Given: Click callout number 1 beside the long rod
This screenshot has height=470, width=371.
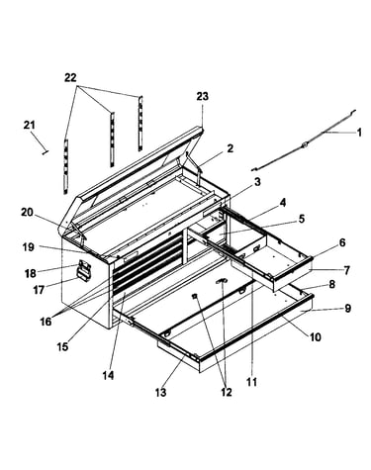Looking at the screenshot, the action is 359,133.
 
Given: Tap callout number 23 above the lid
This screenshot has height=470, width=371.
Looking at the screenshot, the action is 203,97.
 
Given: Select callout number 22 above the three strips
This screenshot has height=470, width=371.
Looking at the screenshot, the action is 70,78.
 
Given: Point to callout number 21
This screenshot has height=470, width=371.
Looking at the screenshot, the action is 29,126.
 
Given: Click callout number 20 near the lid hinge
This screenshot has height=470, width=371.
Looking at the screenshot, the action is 27,212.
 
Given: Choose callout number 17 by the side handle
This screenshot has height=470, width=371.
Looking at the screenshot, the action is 39,290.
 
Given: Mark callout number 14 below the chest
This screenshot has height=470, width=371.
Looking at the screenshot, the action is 108,375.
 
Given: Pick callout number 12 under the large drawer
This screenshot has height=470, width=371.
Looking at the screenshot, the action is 227,392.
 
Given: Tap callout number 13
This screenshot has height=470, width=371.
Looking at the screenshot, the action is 161,393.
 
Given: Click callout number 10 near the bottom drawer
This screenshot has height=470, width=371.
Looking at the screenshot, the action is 316,337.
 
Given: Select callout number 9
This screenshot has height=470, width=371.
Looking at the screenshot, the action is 348,309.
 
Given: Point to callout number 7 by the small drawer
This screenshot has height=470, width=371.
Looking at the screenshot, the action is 346,270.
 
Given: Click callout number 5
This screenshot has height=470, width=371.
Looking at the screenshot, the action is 302,219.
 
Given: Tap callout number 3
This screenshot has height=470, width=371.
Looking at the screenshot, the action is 257,181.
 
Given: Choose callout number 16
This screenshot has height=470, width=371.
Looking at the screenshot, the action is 46,322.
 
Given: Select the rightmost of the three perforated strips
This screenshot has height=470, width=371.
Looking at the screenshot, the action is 140,124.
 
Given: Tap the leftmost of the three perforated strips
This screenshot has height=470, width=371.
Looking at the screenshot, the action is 66,166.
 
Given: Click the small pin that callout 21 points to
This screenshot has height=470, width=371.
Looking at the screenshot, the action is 46,152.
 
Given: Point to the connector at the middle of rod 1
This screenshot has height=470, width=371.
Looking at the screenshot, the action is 304,143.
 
